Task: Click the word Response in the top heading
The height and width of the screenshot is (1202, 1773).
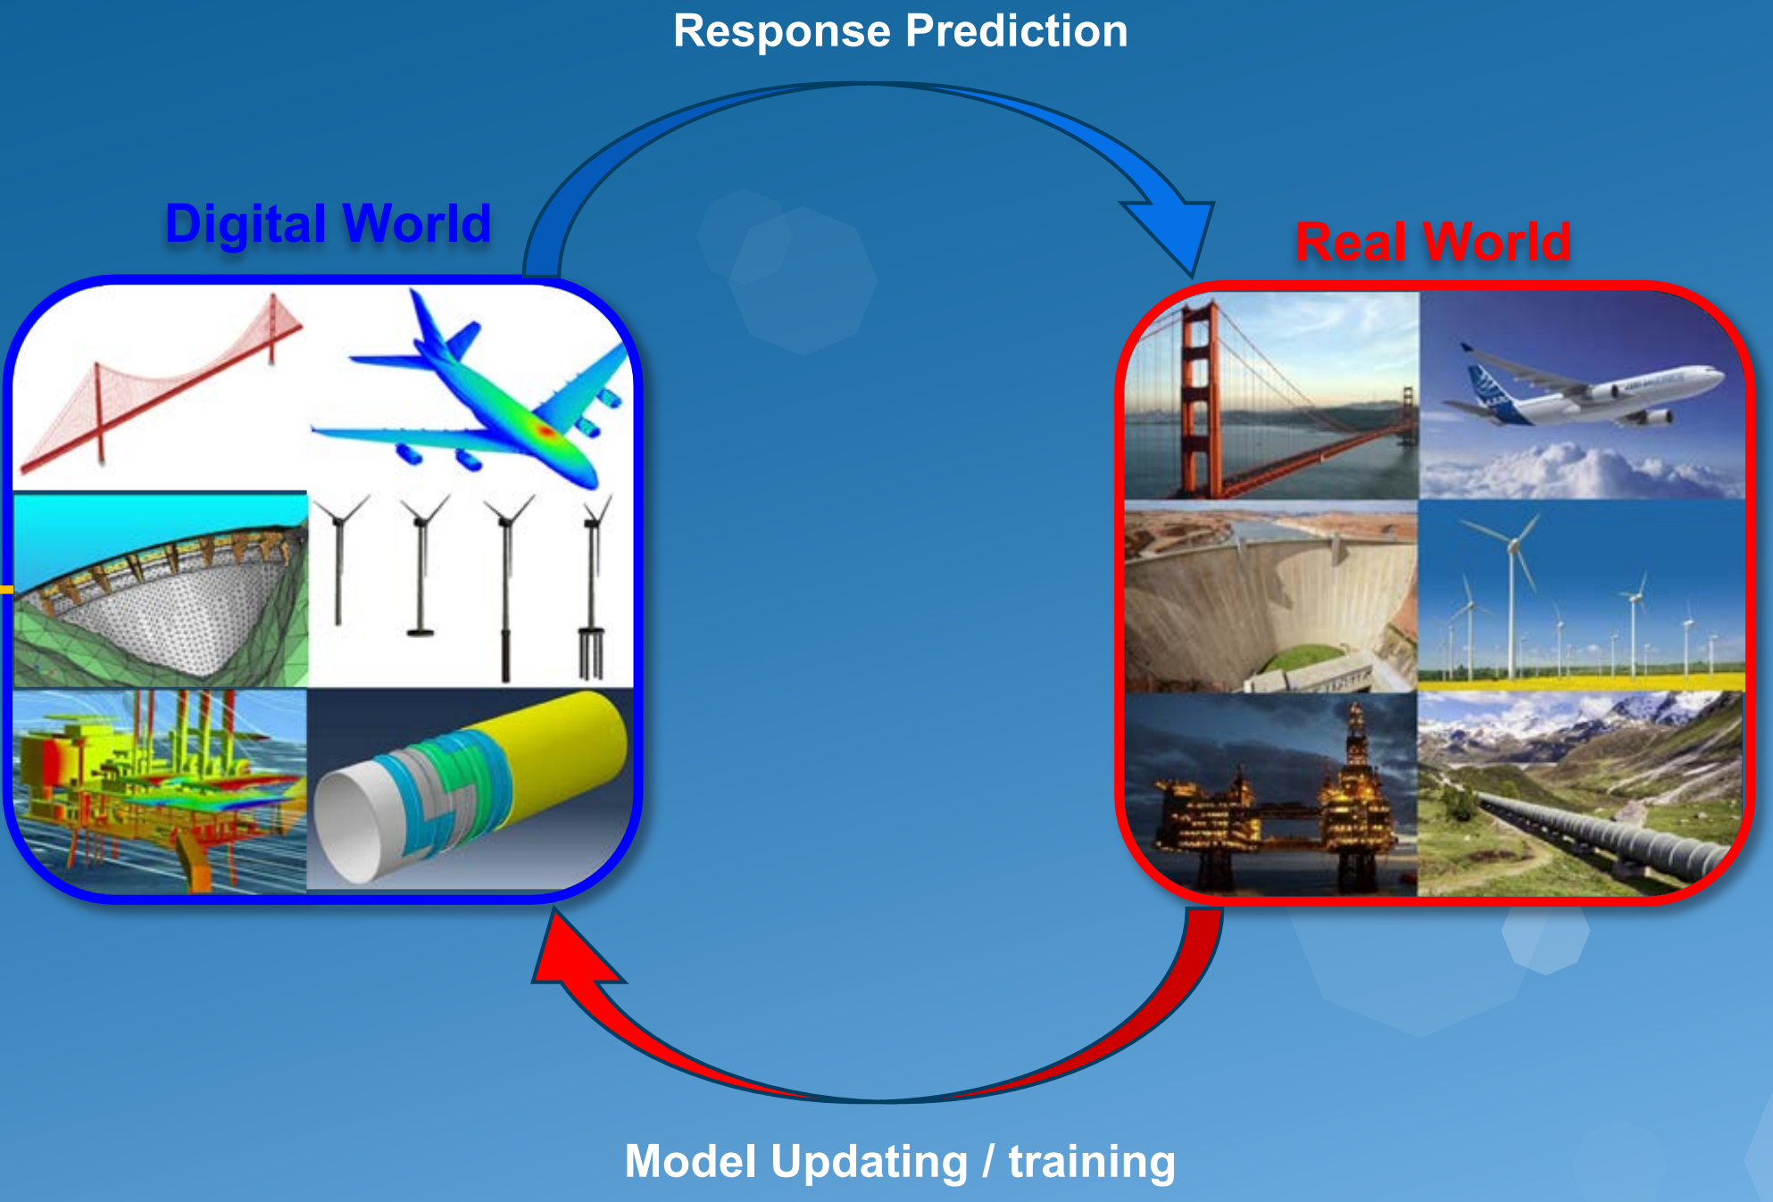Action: click(782, 32)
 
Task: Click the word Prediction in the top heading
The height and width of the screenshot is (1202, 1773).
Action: click(1017, 30)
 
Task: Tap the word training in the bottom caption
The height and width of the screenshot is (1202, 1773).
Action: click(1092, 1162)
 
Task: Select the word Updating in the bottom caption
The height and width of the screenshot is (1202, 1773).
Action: click(870, 1162)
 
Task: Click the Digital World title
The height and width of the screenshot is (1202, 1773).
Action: click(329, 223)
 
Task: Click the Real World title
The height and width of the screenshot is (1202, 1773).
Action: click(1433, 241)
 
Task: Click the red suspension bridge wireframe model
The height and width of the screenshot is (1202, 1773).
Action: click(161, 384)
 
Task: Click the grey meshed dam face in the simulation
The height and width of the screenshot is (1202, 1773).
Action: click(179, 616)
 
